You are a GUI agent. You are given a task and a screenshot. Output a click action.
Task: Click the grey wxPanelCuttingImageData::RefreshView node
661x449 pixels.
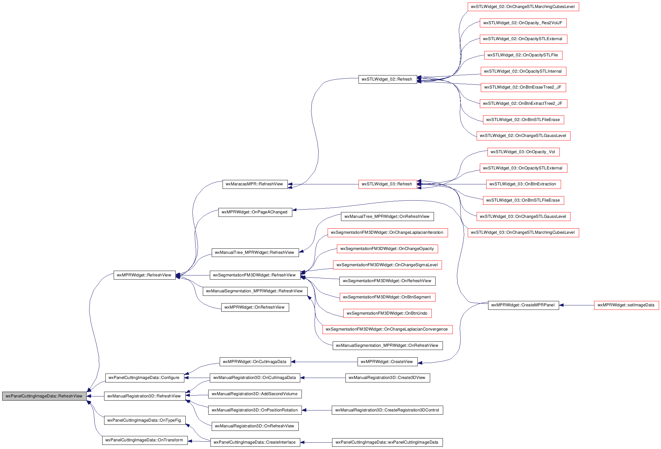(44, 396)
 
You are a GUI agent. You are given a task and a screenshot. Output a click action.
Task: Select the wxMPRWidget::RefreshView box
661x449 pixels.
(145, 275)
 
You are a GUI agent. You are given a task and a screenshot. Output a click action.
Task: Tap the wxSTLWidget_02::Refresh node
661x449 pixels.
(387, 79)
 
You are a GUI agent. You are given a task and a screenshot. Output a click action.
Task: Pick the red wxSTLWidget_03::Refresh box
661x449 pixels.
(387, 184)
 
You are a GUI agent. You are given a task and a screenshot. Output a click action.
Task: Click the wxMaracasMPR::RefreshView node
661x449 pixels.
(255, 184)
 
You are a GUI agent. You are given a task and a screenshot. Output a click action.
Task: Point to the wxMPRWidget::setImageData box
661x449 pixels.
(626, 305)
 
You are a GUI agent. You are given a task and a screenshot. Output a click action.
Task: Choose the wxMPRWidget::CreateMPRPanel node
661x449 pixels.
(523, 305)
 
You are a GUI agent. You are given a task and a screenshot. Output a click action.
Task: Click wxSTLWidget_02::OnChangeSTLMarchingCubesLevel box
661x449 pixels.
(523, 7)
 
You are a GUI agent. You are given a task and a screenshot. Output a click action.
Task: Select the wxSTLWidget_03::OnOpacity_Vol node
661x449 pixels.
(523, 152)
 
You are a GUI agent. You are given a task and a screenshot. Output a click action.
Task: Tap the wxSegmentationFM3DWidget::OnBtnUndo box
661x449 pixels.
(387, 313)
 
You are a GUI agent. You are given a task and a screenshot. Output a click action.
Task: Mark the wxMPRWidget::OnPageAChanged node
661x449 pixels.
(255, 212)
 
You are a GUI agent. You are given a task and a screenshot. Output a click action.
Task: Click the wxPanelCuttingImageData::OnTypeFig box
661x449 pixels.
(145, 420)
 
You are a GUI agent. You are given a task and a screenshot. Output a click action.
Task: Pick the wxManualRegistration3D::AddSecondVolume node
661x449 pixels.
(255, 394)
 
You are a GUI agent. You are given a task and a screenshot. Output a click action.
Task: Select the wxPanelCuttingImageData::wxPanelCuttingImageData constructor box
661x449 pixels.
(387, 442)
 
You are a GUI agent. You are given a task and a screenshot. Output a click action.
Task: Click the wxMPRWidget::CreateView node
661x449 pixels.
(387, 362)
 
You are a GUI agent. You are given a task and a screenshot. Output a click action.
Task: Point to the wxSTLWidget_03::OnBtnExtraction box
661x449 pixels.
(523, 184)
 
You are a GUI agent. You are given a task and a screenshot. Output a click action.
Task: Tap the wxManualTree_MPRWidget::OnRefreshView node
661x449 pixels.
(387, 217)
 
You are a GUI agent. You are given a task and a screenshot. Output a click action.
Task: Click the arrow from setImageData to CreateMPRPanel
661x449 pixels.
(577, 305)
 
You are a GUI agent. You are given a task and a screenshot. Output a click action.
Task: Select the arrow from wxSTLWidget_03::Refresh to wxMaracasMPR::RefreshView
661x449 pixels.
(323, 184)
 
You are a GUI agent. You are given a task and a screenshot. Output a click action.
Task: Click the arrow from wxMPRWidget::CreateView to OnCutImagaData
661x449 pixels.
(324, 362)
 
